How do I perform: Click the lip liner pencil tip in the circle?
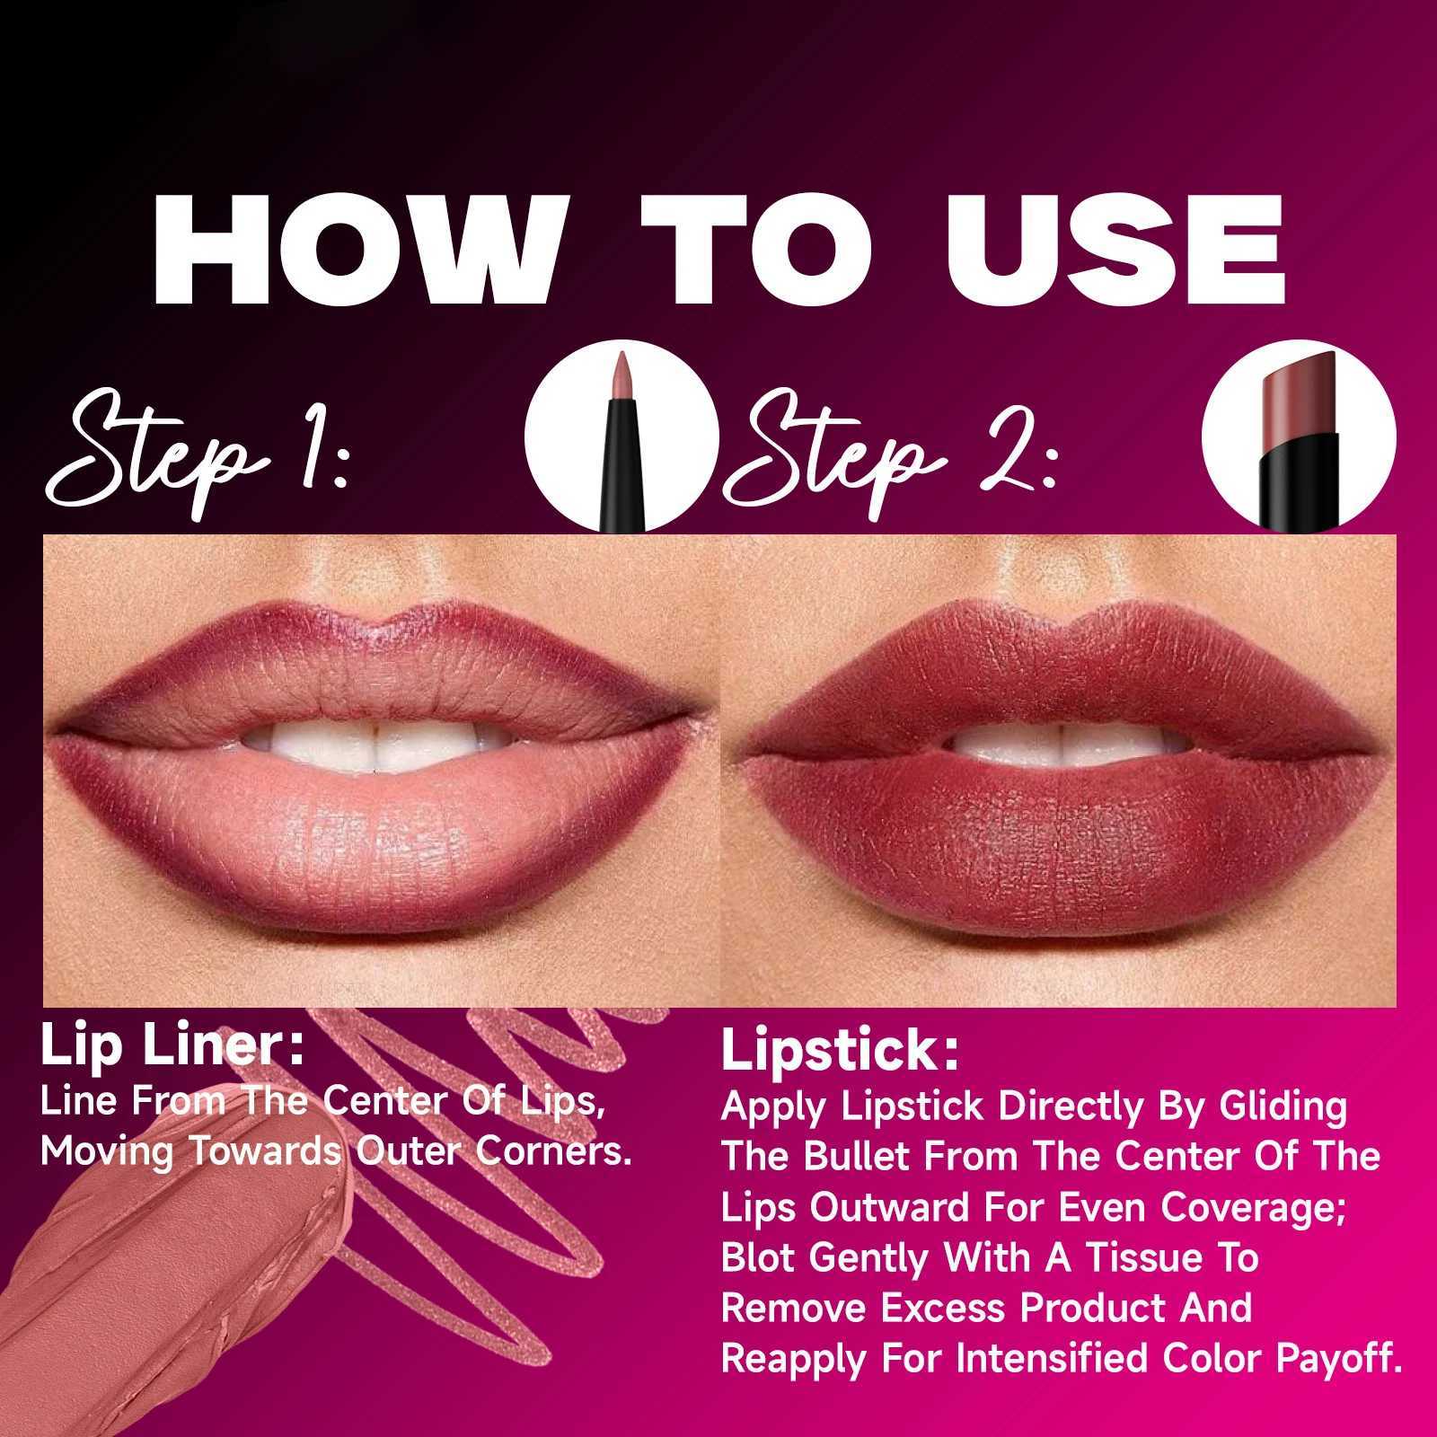pos(621,377)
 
